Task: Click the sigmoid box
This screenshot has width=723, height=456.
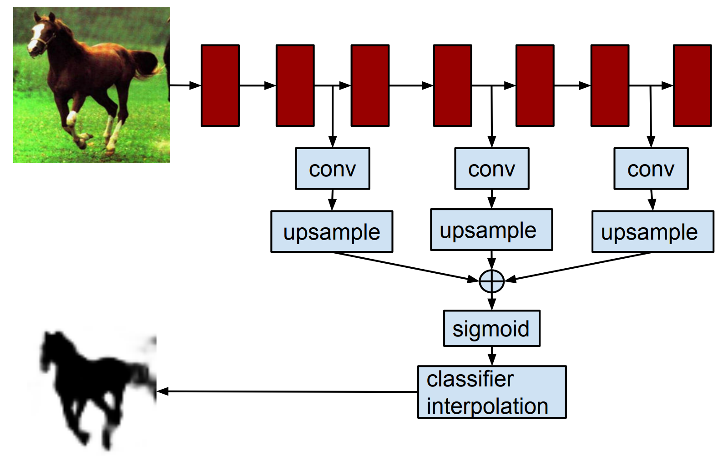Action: point(491,328)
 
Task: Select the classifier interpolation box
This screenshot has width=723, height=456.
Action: point(492,392)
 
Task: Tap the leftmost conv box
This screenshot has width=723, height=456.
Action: point(333,168)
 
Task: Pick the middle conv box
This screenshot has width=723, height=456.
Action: point(491,168)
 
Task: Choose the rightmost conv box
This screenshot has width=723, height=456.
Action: point(651,168)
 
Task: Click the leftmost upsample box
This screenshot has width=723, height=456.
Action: point(332,231)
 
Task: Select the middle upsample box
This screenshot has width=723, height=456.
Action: point(491,230)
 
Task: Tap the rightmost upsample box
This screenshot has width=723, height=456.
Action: point(653,231)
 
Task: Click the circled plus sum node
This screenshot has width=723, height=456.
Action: point(491,281)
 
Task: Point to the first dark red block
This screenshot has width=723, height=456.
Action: point(220,85)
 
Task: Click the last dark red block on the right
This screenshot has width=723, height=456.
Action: point(693,85)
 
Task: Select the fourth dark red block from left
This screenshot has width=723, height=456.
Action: point(453,85)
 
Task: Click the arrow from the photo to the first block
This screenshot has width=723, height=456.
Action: point(185,85)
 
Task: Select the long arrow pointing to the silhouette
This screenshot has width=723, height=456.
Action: point(287,391)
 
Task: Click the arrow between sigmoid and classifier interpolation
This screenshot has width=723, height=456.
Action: point(491,356)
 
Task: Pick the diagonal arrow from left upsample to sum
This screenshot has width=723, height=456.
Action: point(405,267)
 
